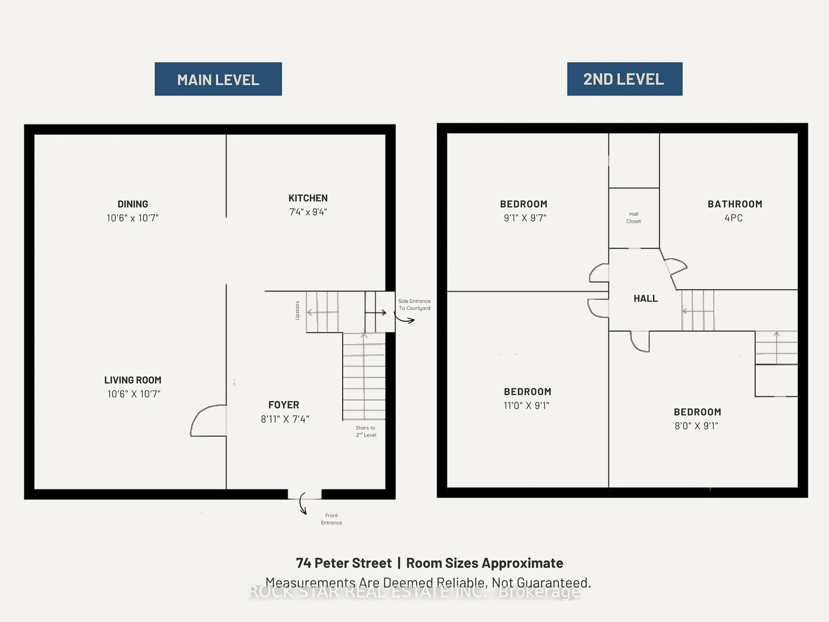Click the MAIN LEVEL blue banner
[x=218, y=79]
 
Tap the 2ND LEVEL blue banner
[x=624, y=79]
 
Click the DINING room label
[x=133, y=204]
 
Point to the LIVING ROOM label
[x=133, y=380]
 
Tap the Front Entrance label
[x=331, y=519]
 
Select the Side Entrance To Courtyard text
[x=414, y=305]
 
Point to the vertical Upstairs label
[x=297, y=310]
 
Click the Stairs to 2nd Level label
[x=366, y=431]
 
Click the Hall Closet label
[x=633, y=217]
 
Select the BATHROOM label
[x=735, y=204]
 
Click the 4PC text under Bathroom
[x=733, y=218]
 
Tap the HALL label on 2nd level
[x=645, y=298]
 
